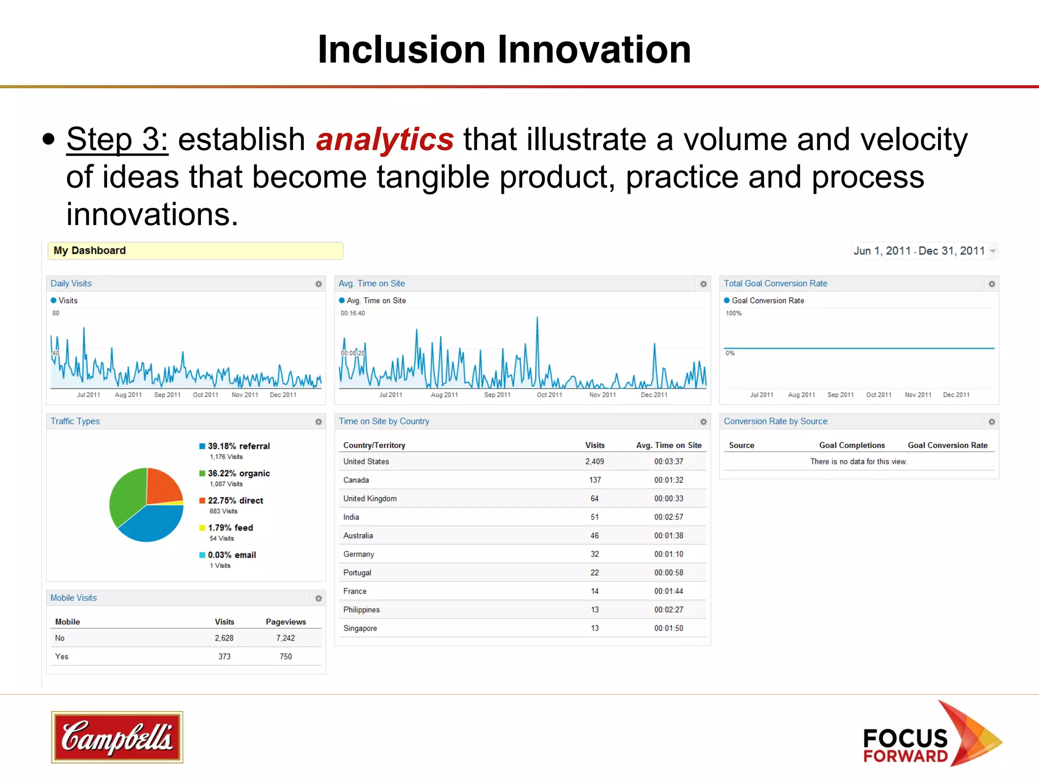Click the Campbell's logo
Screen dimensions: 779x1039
pyautogui.click(x=117, y=737)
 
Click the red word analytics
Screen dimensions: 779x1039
pyautogui.click(x=385, y=139)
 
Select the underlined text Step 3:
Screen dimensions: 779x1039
pyautogui.click(x=117, y=139)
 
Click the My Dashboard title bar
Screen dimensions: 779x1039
pyautogui.click(x=195, y=251)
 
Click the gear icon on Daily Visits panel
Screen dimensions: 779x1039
pyautogui.click(x=319, y=284)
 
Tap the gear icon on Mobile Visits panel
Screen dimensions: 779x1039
pyautogui.click(x=319, y=598)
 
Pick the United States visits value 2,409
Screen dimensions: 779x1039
pyautogui.click(x=595, y=462)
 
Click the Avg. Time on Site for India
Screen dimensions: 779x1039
pyautogui.click(x=669, y=517)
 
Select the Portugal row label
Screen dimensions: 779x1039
pyautogui.click(x=357, y=573)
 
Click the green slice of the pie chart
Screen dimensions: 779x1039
pyautogui.click(x=127, y=494)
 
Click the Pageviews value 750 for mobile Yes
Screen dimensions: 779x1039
pyautogui.click(x=286, y=657)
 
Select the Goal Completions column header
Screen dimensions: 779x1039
pyautogui.click(x=852, y=445)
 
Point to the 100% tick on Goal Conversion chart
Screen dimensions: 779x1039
pyautogui.click(x=734, y=313)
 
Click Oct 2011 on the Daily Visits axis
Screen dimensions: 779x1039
pyautogui.click(x=205, y=395)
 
